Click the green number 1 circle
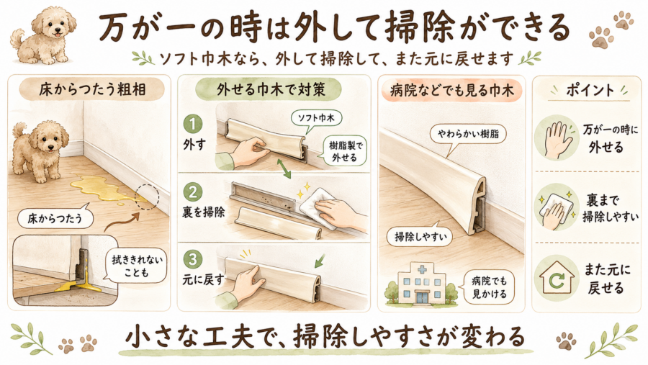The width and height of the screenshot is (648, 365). (x=192, y=124)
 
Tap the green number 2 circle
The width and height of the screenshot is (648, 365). (x=192, y=192)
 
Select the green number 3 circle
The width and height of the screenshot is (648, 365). (x=192, y=260)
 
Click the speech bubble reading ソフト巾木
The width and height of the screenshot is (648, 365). (x=316, y=119)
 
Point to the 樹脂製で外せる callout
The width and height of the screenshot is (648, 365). (x=344, y=151)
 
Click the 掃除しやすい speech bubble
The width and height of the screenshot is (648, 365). (x=419, y=236)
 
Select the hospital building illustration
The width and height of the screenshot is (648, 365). (x=421, y=283)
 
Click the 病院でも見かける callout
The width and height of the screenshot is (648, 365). (x=489, y=287)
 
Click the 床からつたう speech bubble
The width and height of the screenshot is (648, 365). (x=55, y=218)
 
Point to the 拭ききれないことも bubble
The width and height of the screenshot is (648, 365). (x=136, y=266)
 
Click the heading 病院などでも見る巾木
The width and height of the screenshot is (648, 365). (x=451, y=90)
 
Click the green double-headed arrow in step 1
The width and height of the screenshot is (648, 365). (x=284, y=168)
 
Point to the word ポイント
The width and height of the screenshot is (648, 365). (x=589, y=90)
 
